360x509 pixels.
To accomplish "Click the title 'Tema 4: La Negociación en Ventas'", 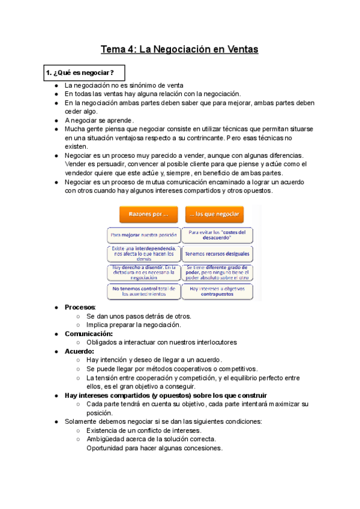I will click(x=179, y=49).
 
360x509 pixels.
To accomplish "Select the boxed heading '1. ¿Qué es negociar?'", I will click(x=80, y=73).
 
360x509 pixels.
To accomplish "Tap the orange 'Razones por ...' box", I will click(x=144, y=214).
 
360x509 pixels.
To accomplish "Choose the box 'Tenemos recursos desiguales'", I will click(x=218, y=254).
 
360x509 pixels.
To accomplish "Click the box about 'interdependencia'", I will click(x=144, y=254).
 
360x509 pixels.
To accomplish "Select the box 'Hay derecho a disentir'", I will click(x=144, y=273).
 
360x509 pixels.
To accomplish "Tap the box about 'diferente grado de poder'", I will click(x=218, y=273).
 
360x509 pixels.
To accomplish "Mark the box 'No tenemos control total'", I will click(x=144, y=291).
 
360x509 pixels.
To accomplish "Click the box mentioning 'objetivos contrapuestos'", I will click(x=218, y=291).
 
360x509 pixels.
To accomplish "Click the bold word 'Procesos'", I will click(x=80, y=307).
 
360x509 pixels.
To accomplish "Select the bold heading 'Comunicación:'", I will click(x=88, y=334).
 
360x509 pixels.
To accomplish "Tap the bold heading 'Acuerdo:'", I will click(x=79, y=351).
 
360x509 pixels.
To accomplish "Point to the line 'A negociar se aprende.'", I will click(x=99, y=120).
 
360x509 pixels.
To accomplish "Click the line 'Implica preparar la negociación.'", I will click(x=133, y=325).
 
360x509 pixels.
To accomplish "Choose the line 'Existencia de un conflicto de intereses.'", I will click(x=143, y=430).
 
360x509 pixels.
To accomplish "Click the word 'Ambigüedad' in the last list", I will click(x=106, y=439).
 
